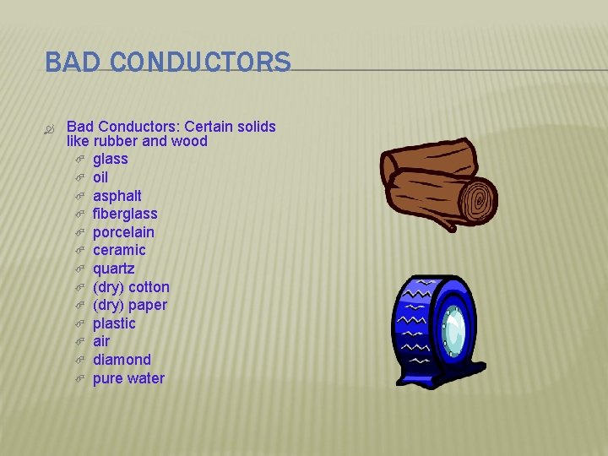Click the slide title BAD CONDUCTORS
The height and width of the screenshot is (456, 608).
pyautogui.click(x=167, y=62)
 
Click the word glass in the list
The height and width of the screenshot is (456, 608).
pyautogui.click(x=110, y=159)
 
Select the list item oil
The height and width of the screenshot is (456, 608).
pyautogui.click(x=100, y=177)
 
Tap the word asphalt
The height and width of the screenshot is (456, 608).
pyautogui.click(x=117, y=195)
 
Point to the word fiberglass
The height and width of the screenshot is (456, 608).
pyautogui.click(x=125, y=214)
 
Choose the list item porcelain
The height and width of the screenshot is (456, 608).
pyautogui.click(x=123, y=232)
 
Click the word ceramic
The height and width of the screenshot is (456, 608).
pyautogui.click(x=119, y=250)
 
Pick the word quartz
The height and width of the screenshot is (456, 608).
pyautogui.click(x=113, y=269)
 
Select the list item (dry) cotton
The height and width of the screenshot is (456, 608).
pyautogui.click(x=131, y=287)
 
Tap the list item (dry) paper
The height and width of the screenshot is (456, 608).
pyautogui.click(x=130, y=305)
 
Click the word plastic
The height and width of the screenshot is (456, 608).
pyautogui.click(x=114, y=323)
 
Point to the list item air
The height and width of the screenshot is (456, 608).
pyautogui.click(x=101, y=341)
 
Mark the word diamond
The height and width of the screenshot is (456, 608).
pyautogui.click(x=122, y=360)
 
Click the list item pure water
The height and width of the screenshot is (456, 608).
pyautogui.click(x=128, y=378)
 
